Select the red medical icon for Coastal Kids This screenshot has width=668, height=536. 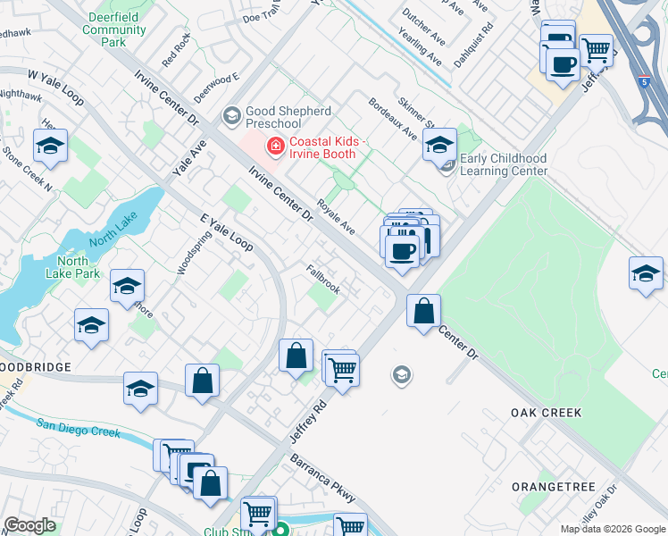pos(275,145)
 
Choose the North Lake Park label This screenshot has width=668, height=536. pos(73,267)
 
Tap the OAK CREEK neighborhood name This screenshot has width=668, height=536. pos(546,413)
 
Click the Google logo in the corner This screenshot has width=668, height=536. pos(29,525)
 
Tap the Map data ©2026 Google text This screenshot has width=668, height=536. pos(612,529)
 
